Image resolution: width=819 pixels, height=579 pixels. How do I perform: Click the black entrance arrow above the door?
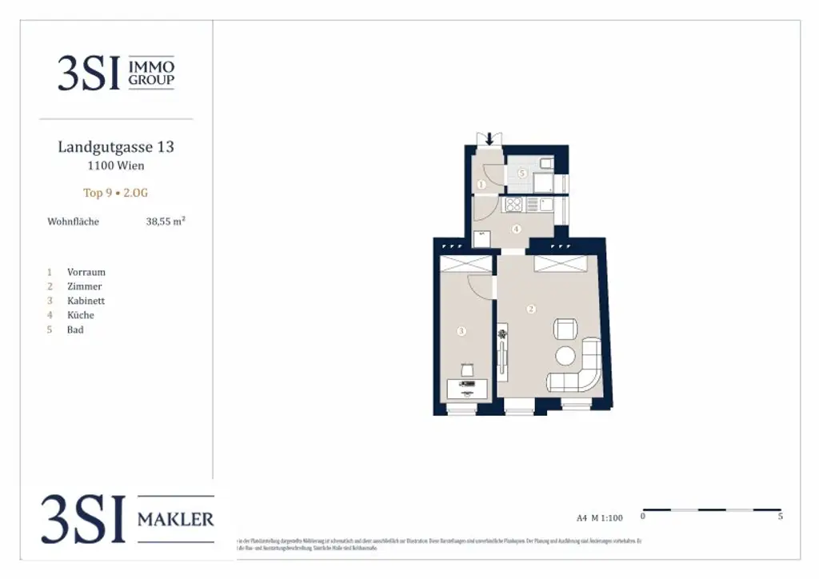(489, 139)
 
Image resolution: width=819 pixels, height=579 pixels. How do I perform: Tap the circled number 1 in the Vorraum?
(481, 185)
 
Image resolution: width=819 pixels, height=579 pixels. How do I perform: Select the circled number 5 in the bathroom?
(521, 173)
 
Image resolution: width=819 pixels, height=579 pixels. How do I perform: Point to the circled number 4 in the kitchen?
(516, 229)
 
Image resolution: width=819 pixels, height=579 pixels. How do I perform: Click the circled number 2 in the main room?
(529, 308)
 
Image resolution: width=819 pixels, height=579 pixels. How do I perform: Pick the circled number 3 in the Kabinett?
(461, 330)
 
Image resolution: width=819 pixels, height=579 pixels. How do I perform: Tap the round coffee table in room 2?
(566, 356)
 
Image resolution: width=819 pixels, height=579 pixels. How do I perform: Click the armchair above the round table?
(565, 329)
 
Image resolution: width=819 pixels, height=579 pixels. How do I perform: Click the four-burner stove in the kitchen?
(513, 205)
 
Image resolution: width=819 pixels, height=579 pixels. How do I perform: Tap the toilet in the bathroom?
(545, 165)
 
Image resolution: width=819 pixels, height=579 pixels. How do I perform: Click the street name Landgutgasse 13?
(116, 147)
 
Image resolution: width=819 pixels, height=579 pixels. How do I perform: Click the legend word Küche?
(81, 315)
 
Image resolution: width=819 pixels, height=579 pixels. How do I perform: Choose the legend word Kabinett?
(86, 301)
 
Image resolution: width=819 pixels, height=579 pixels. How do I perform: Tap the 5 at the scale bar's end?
(780, 517)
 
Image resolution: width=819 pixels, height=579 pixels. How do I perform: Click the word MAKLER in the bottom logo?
(176, 520)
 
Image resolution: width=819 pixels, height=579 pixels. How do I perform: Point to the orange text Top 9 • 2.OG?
(116, 193)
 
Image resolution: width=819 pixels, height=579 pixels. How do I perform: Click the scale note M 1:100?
(609, 518)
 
